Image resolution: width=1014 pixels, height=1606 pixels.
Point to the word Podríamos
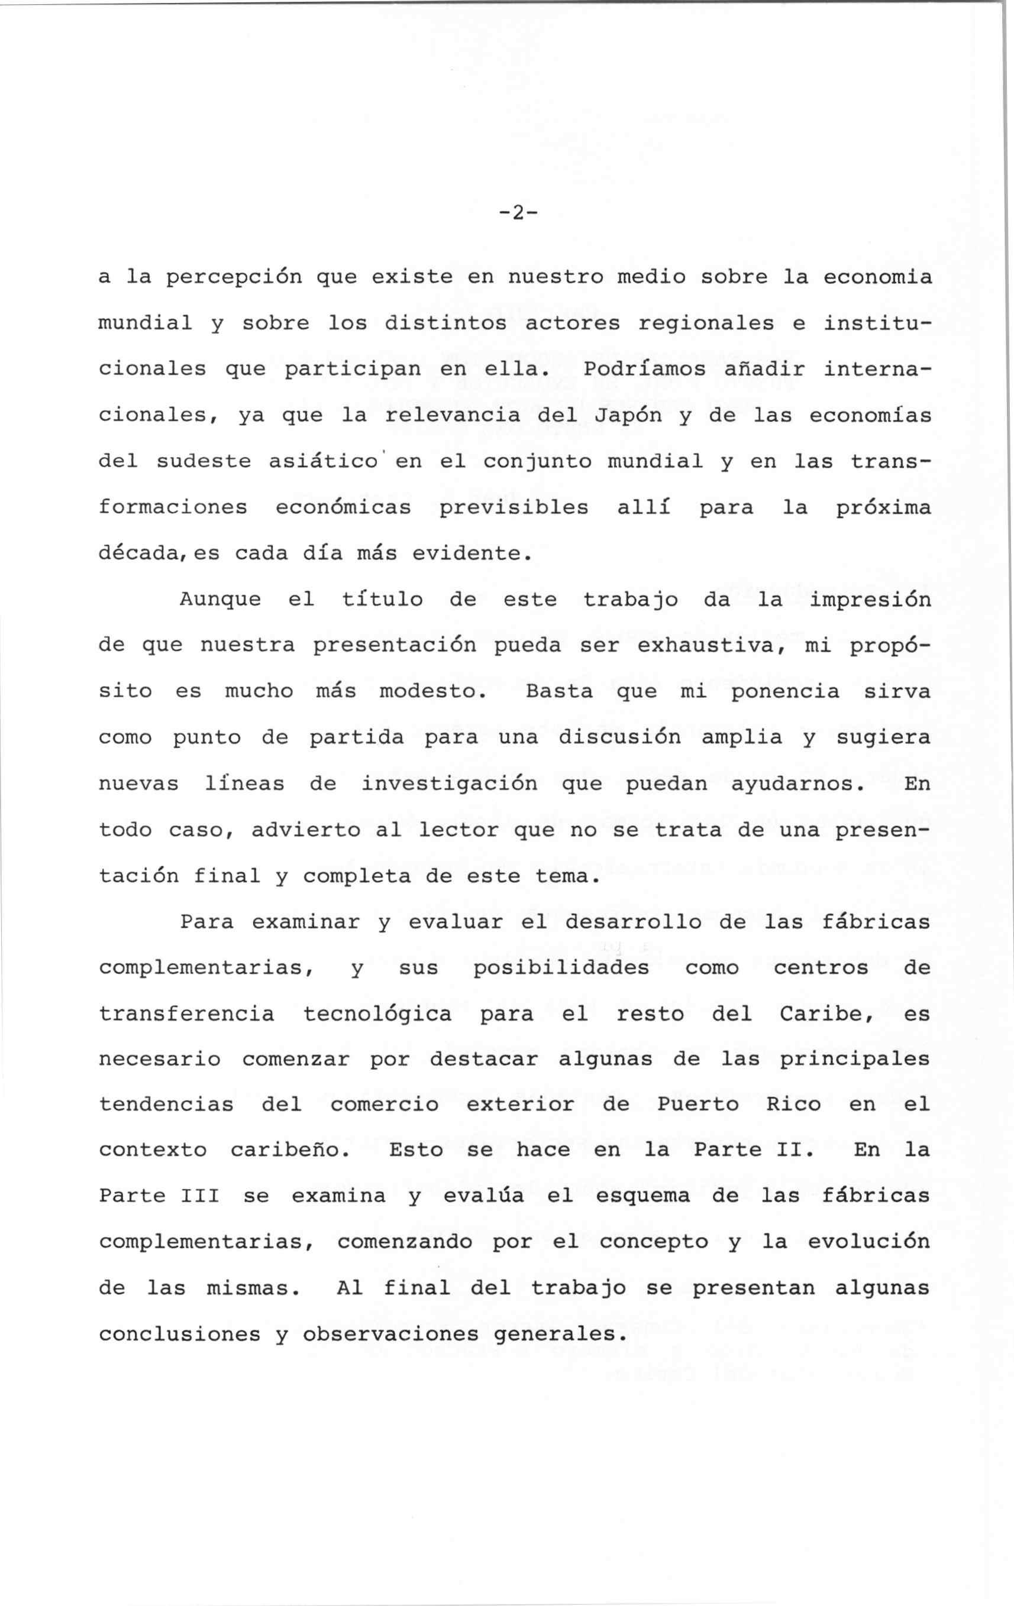coord(644,369)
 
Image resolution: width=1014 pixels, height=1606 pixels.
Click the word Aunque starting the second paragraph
coord(220,599)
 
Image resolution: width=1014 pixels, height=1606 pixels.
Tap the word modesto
coord(433,691)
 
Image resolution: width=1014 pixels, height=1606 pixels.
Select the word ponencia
coord(785,691)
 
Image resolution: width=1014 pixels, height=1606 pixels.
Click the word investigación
coord(449,783)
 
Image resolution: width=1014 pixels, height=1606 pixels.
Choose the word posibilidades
coord(561,969)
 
